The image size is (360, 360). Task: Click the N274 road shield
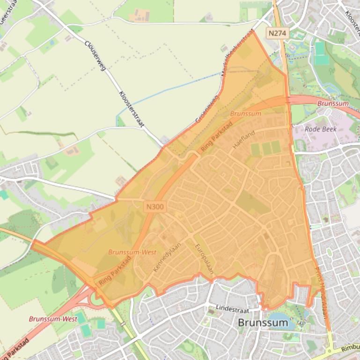pyautogui.click(x=279, y=33)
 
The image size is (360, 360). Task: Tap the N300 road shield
pyautogui.click(x=155, y=206)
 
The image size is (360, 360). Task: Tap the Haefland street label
pyautogui.click(x=243, y=139)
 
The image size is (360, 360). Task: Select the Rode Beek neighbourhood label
pyautogui.click(x=320, y=129)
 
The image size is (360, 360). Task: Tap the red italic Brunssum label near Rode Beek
pyautogui.click(x=333, y=103)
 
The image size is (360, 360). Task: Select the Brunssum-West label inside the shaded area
pyautogui.click(x=132, y=252)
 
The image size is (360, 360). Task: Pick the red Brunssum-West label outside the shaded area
pyautogui.click(x=53, y=319)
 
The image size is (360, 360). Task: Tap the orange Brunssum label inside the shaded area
pyautogui.click(x=245, y=114)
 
